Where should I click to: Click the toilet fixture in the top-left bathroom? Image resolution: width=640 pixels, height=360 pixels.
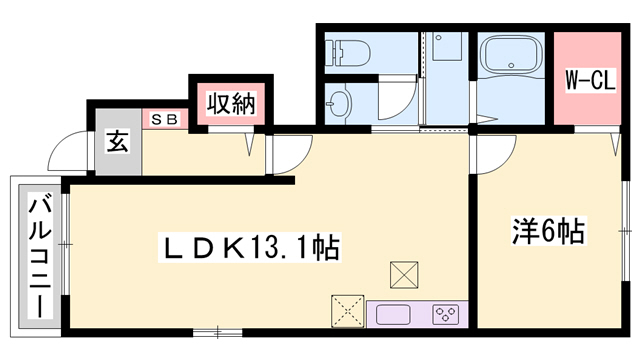346,52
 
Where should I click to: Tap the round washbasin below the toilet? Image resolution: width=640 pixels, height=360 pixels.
341,101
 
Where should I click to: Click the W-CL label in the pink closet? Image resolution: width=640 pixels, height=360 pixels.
588,80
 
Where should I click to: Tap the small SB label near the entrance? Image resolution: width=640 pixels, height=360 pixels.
165,119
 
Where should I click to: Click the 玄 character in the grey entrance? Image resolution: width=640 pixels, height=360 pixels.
117,142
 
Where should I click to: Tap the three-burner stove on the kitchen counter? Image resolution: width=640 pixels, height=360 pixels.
444,314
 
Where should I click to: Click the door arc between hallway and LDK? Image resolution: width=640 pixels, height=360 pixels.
290,153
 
